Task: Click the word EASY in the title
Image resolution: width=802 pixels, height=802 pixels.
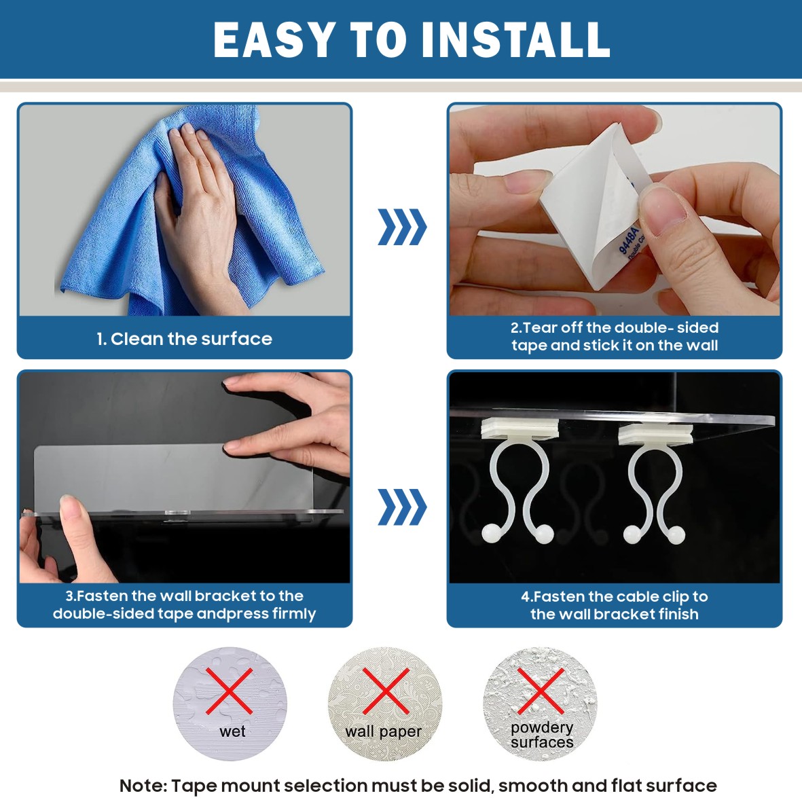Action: pyautogui.click(x=274, y=40)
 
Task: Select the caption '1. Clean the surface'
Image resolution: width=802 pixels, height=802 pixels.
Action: pyautogui.click(x=184, y=339)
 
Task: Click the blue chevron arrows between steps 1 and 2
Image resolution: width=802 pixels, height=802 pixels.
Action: pyautogui.click(x=402, y=227)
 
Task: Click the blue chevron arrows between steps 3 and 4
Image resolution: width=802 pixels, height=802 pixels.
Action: pyautogui.click(x=402, y=507)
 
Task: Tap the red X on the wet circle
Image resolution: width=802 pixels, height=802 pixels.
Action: pyautogui.click(x=229, y=691)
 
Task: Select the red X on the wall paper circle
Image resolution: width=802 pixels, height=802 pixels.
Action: pyautogui.click(x=386, y=691)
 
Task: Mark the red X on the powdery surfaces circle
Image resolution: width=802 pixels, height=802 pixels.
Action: pyautogui.click(x=541, y=691)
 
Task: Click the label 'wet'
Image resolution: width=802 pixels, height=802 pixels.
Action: pyautogui.click(x=233, y=731)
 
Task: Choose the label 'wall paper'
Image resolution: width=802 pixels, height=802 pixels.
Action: pyautogui.click(x=384, y=732)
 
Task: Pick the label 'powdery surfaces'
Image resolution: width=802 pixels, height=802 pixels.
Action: pyautogui.click(x=542, y=735)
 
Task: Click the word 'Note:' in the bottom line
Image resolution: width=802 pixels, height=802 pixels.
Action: pyautogui.click(x=143, y=785)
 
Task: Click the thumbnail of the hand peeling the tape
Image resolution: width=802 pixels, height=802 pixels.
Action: pyautogui.click(x=615, y=210)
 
